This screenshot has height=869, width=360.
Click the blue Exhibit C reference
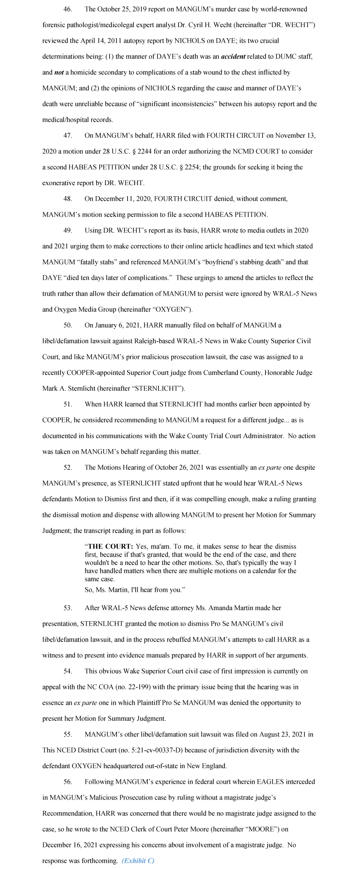pos(138,861)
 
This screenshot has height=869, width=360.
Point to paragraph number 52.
pos(68,467)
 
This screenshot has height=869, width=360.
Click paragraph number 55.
pos(68,734)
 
